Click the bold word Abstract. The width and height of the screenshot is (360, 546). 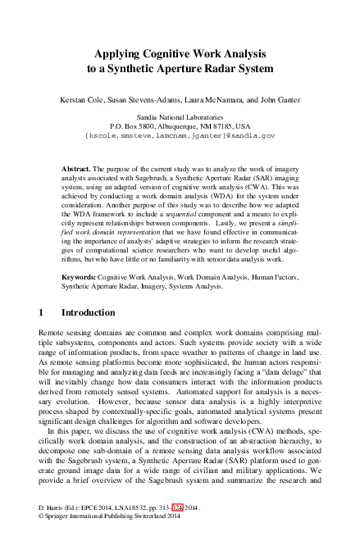click(76, 167)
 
